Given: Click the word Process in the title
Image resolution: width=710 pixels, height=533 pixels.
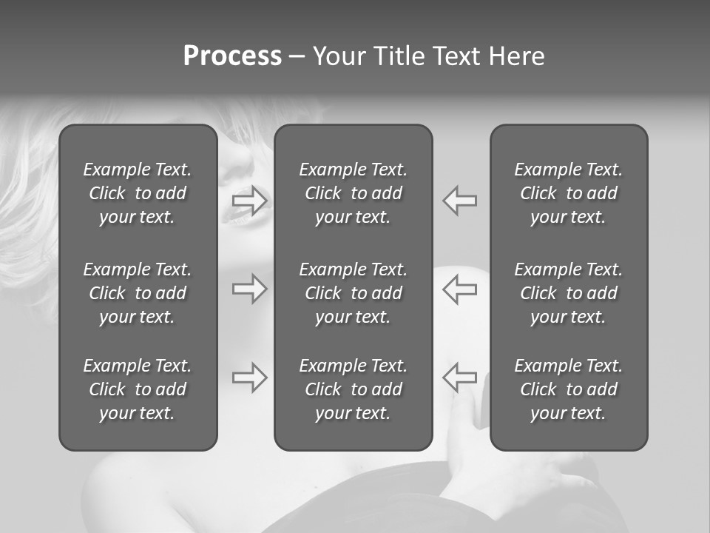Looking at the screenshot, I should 232,56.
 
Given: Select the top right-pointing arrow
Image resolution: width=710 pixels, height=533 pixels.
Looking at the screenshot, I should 249,201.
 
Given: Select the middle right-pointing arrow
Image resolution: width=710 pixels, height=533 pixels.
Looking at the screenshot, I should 249,289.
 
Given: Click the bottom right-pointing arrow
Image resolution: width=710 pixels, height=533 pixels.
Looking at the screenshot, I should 249,378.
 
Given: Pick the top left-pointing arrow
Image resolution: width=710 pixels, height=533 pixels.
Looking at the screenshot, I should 459,201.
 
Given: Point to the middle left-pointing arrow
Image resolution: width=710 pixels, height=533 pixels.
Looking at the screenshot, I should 459,289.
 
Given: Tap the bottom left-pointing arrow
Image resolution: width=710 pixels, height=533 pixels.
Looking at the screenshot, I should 459,378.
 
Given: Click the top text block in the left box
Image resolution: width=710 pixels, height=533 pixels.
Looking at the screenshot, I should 138,193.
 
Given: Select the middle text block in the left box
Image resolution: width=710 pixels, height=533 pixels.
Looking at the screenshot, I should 138,293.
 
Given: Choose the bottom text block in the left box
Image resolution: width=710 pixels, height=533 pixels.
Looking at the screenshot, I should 138,389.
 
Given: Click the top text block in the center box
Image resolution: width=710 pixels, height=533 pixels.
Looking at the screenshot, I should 353,193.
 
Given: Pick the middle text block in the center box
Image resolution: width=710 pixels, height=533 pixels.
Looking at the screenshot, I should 353,293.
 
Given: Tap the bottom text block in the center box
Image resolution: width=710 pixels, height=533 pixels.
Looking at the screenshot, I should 353,389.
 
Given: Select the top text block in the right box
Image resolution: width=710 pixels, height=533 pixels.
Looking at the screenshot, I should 568,193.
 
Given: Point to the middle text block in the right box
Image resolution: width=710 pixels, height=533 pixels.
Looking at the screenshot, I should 568,293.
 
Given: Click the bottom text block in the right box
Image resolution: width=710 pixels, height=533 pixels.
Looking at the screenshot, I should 568,389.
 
